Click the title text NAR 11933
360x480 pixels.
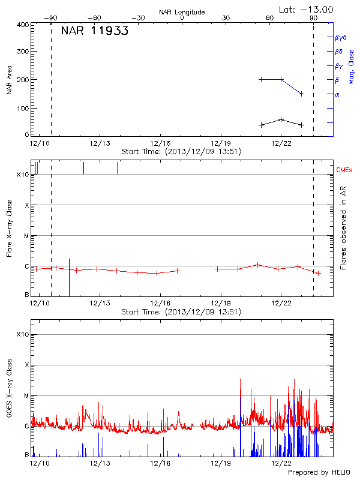(94, 32)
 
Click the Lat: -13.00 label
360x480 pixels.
(306, 9)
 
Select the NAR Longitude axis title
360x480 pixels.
(182, 12)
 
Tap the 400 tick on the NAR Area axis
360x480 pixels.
(23, 25)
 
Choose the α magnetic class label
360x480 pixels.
(337, 94)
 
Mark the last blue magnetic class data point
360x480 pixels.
(301, 94)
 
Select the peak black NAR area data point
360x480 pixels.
(281, 119)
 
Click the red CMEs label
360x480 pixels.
(344, 170)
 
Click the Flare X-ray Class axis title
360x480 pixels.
(10, 228)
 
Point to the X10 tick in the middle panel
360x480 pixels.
(22, 175)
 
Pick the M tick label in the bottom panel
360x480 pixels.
(26, 395)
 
